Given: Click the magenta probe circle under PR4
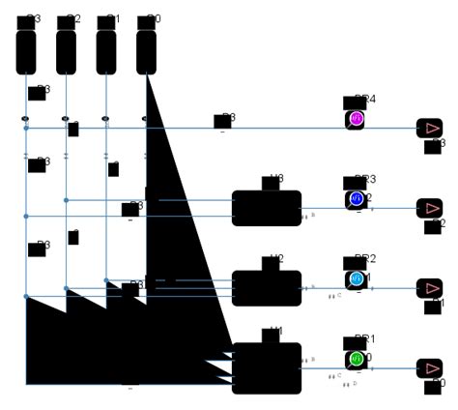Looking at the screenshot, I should point(356,119).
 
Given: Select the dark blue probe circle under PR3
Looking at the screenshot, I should point(356,199).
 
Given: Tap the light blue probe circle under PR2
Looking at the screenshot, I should point(356,279).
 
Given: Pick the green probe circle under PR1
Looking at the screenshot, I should point(356,360).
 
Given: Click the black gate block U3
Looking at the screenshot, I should point(267,208).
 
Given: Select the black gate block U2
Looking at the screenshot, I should point(267,288).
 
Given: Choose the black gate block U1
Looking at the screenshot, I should point(267,368).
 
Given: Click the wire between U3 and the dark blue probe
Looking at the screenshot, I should point(324,208).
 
